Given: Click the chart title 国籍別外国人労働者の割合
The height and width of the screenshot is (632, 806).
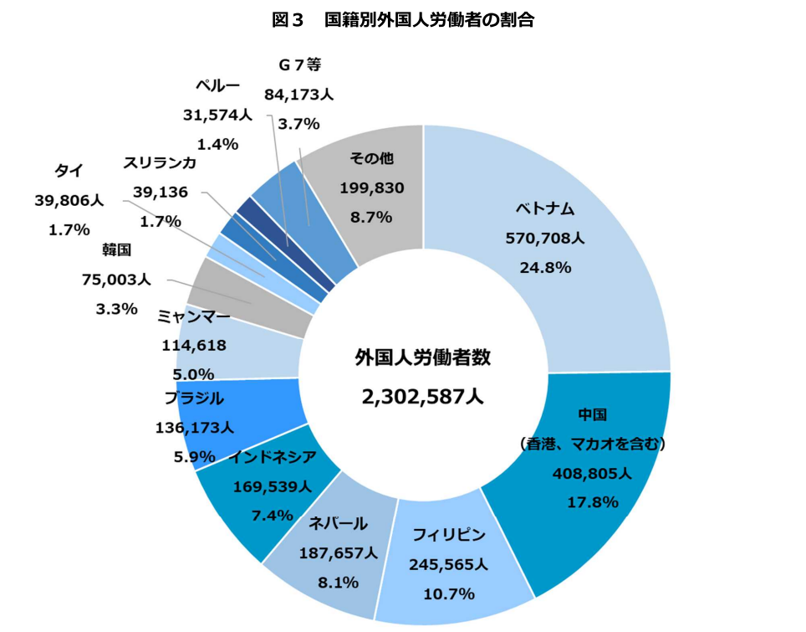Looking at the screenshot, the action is (x=429, y=19).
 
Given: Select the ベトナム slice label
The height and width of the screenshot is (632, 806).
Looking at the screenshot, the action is (x=545, y=209).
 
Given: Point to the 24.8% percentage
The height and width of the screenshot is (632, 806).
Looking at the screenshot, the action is (x=545, y=268).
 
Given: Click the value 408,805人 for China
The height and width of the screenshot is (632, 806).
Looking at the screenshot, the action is (x=592, y=473).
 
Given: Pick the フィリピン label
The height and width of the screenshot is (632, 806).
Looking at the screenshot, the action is (x=449, y=535).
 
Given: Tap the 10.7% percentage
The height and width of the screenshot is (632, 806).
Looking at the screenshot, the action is (x=449, y=594).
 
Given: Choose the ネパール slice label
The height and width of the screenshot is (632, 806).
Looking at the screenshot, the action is (x=338, y=523).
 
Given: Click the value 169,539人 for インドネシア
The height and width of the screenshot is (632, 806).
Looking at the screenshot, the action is (x=273, y=486).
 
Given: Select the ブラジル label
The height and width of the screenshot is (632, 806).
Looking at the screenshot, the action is (x=194, y=398).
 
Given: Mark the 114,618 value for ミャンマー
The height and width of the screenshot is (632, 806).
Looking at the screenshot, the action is (x=194, y=345).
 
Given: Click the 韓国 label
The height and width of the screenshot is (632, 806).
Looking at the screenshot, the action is (x=117, y=250).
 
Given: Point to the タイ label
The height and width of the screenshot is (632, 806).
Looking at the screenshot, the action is (x=69, y=171).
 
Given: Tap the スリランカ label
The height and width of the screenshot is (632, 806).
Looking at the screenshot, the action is (x=160, y=162).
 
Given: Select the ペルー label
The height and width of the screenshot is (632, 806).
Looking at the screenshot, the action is (x=217, y=85).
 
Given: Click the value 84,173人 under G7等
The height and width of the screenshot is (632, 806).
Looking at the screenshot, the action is (x=299, y=95).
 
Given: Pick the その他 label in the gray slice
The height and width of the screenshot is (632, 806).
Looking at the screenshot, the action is (x=371, y=158).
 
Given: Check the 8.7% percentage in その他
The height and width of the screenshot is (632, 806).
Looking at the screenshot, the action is (x=371, y=217).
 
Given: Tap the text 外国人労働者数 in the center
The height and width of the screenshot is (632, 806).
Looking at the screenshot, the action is (x=422, y=357).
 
